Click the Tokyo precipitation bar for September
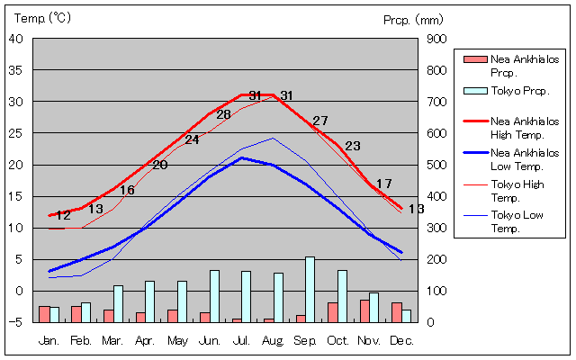[310, 289]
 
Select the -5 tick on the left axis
[18, 322]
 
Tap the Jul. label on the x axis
[240, 340]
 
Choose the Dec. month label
[401, 340]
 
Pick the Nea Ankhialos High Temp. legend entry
[525, 127]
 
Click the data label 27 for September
[320, 121]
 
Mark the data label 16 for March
[127, 190]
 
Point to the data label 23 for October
[352, 146]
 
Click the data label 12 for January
[63, 215]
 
